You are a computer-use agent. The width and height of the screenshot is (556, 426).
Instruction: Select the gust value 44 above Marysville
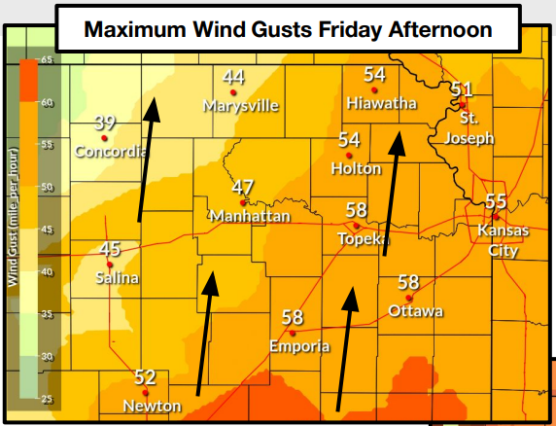tap(233, 77)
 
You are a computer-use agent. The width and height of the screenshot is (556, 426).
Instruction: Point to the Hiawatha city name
tap(381, 102)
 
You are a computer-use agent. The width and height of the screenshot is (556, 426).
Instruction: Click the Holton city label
tap(356, 167)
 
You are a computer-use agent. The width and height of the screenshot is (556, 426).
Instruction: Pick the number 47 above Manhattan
tap(243, 188)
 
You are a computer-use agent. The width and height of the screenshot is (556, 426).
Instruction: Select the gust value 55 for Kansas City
tap(496, 201)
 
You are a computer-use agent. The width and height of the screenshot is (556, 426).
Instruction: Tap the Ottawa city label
tap(415, 310)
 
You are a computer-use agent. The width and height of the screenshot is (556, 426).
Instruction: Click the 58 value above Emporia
tap(293, 317)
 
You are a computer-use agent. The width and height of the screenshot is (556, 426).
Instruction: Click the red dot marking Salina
tap(109, 264)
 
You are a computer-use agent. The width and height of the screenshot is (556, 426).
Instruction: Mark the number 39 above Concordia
tap(105, 124)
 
